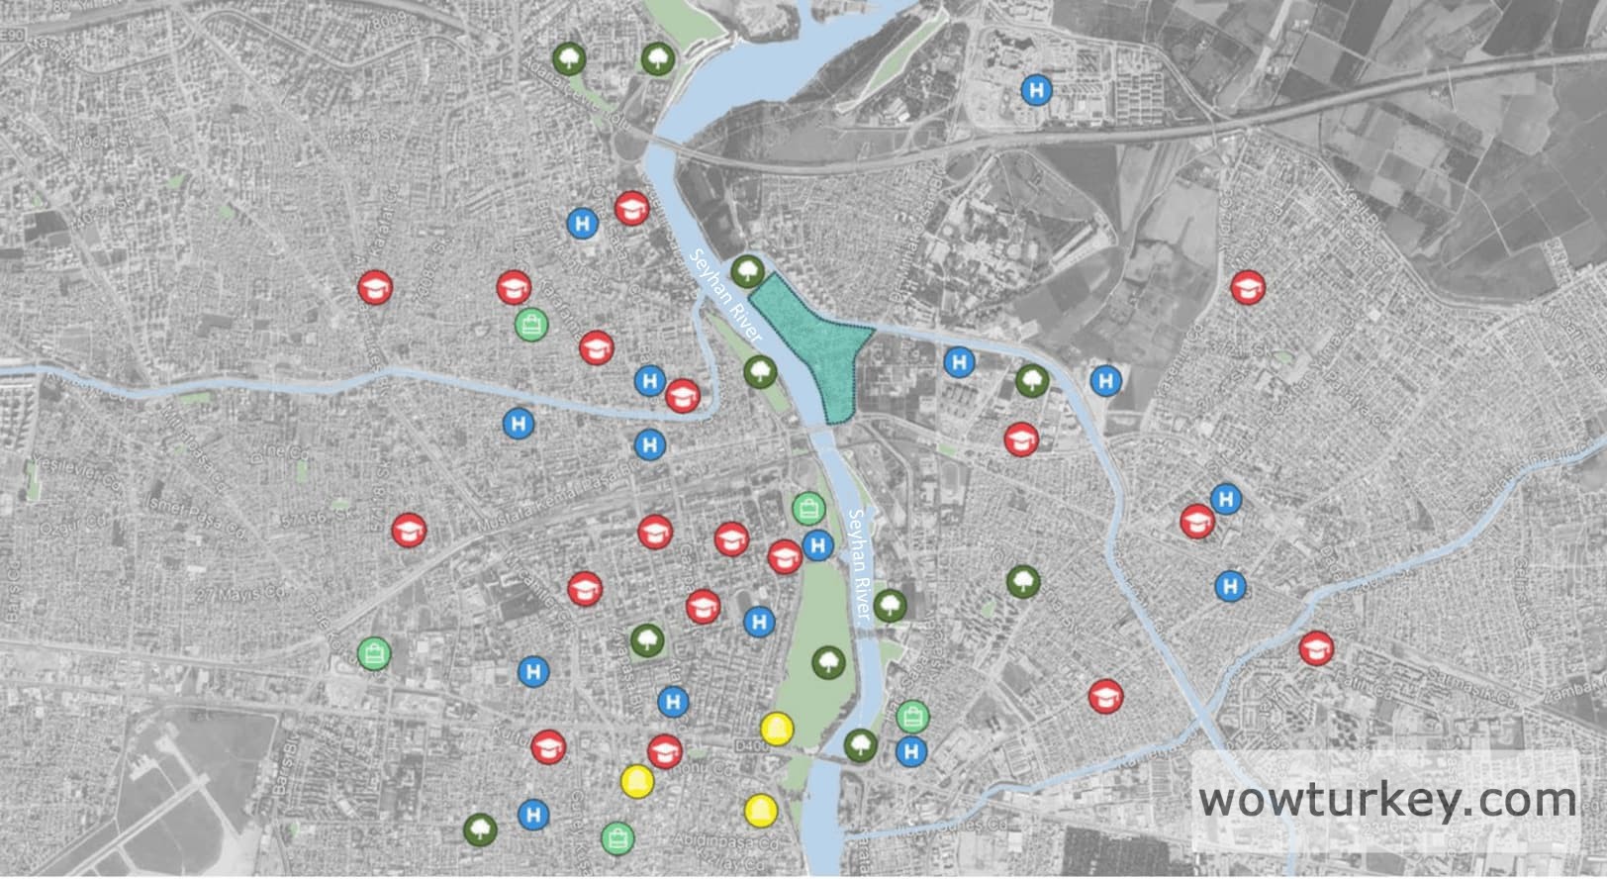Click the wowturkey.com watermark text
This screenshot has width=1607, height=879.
[x=1387, y=799]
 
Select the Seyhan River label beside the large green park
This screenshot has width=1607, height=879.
[x=864, y=564]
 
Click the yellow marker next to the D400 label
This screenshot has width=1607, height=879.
[x=777, y=730]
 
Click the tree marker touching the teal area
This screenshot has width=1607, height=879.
[x=747, y=270]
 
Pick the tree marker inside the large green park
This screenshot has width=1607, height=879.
[x=828, y=662]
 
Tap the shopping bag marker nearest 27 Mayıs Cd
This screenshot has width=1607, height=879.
[x=375, y=652]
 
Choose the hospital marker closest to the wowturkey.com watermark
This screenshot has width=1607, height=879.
[x=1231, y=586]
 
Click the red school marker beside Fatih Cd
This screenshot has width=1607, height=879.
[x=1315, y=648]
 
